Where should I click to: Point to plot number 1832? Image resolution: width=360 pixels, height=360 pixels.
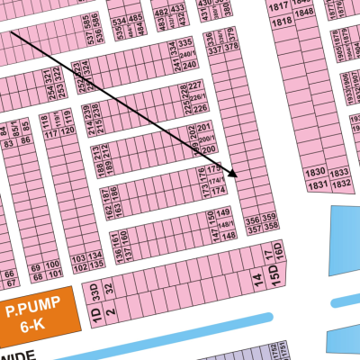coord(341,184)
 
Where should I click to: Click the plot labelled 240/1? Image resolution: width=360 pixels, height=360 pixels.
coord(187,54)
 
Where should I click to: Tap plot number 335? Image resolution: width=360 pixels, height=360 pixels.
coord(185,43)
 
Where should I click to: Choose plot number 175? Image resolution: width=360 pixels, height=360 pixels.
coord(213,169)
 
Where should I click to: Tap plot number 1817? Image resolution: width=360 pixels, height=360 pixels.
coord(278,5)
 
